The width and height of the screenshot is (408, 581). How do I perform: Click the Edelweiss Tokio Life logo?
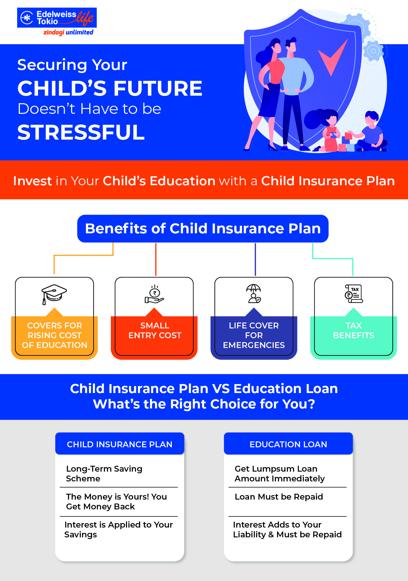57,18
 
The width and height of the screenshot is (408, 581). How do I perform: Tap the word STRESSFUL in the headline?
81,132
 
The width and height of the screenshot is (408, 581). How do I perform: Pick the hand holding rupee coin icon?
154,295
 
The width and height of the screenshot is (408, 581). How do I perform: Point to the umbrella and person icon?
254,293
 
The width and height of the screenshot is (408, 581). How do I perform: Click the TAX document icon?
353,293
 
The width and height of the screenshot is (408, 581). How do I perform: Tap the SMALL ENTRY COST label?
155,330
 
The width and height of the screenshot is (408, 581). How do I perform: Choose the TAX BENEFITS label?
353,330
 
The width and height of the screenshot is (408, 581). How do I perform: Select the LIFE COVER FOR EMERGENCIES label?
254,335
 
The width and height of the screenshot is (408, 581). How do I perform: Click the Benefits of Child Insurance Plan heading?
203,229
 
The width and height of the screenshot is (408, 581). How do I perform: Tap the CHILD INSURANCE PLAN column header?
119,444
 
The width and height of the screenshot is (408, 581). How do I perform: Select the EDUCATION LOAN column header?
288,444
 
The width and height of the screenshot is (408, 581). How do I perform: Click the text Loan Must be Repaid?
279,497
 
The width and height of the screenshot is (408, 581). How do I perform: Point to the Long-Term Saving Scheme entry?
104,474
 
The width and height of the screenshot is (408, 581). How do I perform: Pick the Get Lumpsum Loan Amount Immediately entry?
280,474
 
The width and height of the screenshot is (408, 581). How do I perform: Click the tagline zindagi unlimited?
68,32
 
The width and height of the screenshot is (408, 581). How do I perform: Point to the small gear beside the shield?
373,51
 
